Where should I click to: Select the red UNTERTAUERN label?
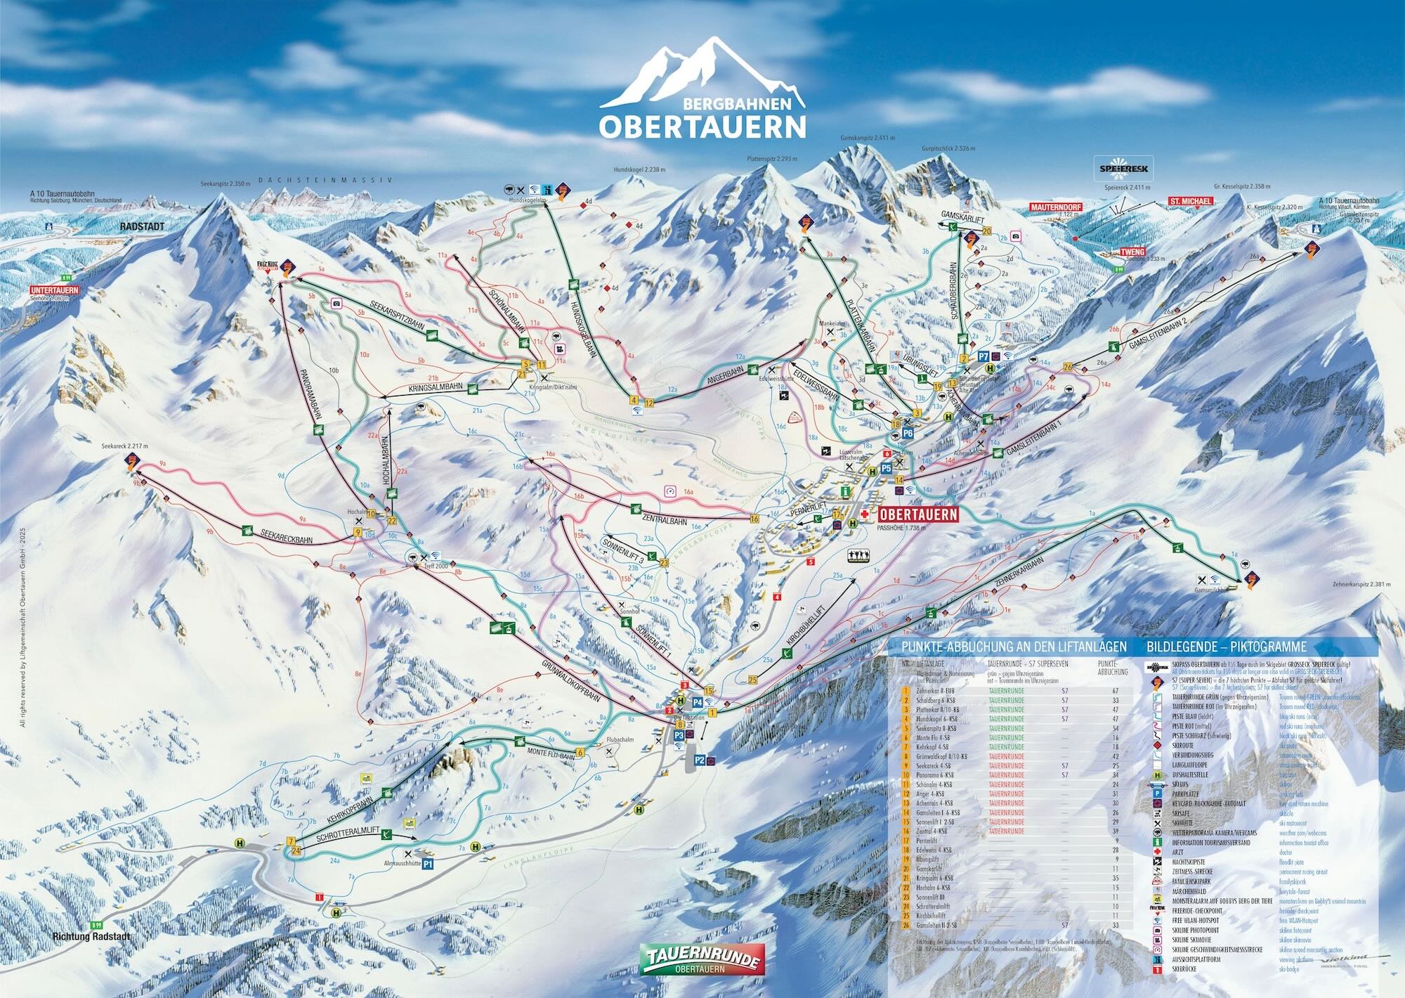coord(54,290)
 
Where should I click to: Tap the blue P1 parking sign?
coord(428,864)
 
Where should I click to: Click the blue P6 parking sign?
coord(907,433)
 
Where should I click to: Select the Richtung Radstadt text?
coord(91,937)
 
